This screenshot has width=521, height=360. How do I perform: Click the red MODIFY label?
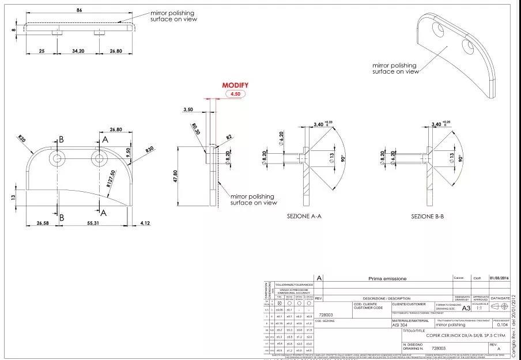tap(235, 85)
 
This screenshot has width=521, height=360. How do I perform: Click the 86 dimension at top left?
tap(80, 10)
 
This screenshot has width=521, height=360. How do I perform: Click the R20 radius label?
tap(21, 138)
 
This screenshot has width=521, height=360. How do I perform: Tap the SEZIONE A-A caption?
tap(304, 216)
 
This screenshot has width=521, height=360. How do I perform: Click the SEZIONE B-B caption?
tap(427, 216)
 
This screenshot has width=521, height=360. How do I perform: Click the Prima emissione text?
tap(387, 278)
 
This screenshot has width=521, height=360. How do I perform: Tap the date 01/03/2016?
tap(499, 278)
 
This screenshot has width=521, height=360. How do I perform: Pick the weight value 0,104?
tap(501, 325)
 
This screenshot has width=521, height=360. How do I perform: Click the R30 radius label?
tap(149, 150)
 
